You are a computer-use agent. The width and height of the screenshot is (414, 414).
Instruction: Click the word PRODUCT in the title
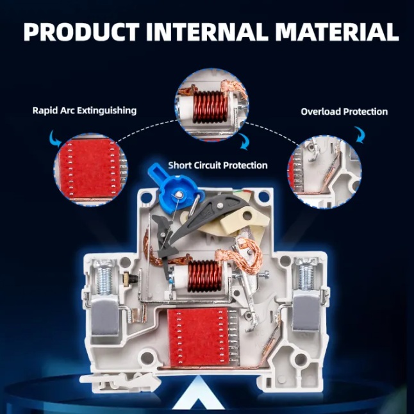(81, 31)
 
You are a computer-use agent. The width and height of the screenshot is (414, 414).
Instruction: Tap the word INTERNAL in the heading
(206, 31)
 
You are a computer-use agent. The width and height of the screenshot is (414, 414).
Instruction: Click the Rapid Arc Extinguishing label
(85, 110)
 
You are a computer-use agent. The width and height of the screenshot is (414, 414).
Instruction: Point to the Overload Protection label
(344, 112)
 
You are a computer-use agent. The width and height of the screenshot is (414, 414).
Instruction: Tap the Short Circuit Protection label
(218, 165)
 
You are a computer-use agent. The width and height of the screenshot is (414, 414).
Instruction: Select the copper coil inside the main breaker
(205, 276)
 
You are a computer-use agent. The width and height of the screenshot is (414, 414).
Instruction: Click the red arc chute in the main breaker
(198, 337)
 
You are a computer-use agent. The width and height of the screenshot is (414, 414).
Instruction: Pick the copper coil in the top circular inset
(210, 107)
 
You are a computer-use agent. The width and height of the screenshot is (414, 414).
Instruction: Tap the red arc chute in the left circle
(87, 169)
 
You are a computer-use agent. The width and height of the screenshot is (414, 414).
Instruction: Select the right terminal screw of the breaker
(306, 274)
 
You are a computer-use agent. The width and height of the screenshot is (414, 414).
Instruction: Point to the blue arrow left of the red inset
(56, 138)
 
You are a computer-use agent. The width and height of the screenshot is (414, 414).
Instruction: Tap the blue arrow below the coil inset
(244, 142)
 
